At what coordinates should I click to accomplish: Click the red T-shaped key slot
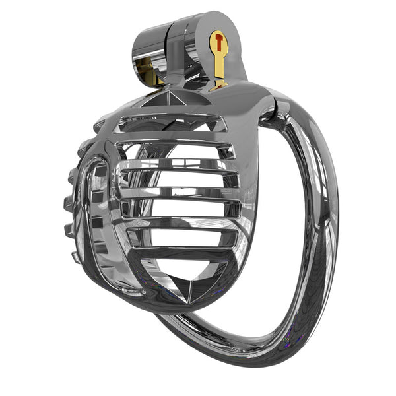[218, 44]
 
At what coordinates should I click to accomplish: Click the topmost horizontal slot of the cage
[173, 123]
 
